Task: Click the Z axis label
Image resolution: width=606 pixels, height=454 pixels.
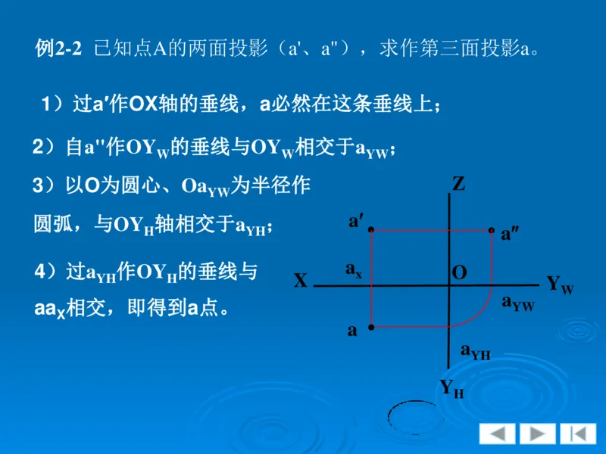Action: [x=458, y=183]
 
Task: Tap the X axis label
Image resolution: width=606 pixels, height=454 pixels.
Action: [x=301, y=281]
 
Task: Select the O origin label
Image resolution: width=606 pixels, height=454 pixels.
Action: [x=459, y=272]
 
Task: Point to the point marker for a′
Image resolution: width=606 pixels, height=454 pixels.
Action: [x=371, y=229]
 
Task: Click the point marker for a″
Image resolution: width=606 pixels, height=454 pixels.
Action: [x=492, y=229]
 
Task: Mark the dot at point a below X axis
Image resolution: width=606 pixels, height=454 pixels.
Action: [x=371, y=327]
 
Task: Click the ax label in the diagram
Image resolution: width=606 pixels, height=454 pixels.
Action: [x=353, y=269]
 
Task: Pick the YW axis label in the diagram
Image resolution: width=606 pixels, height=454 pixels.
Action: [x=560, y=285]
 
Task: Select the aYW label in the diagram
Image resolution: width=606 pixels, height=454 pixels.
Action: [x=518, y=303]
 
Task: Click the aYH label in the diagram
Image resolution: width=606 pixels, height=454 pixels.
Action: [x=475, y=351]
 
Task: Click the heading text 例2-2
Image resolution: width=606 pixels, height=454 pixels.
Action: [x=58, y=50]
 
